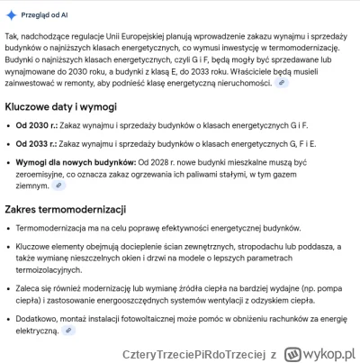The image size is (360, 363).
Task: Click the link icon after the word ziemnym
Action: [x=59, y=186]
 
